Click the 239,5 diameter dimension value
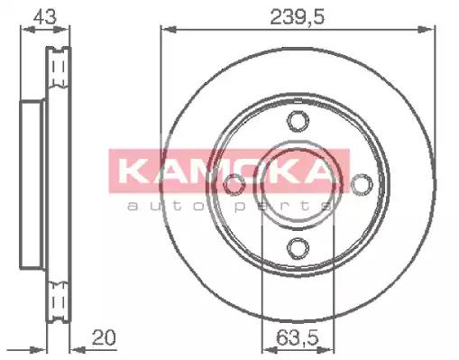[298, 17]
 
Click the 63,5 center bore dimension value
[298, 337]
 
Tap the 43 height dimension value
[44, 16]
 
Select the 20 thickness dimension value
[104, 337]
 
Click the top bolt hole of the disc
[298, 121]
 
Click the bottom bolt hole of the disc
[298, 248]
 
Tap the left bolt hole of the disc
[234, 184]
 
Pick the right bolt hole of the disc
[362, 184]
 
